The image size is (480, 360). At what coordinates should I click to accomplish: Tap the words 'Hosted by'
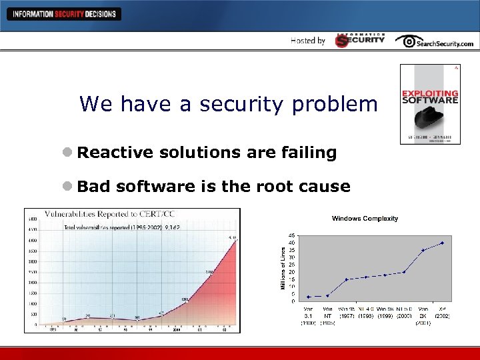(308, 41)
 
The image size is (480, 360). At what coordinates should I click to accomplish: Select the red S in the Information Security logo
(342, 41)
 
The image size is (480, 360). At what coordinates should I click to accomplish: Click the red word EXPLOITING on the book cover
(430, 93)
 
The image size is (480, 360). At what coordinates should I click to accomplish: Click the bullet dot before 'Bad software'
(67, 187)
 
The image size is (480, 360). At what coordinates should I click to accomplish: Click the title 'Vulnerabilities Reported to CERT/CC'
(110, 215)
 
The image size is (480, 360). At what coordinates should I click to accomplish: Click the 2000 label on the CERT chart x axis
(177, 329)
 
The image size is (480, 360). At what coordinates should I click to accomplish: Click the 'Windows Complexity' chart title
(365, 218)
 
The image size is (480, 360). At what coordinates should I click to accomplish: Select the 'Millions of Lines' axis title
(283, 265)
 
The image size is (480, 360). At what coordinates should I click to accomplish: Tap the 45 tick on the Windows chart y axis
(292, 235)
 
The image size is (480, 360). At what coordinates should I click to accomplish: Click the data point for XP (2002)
(442, 243)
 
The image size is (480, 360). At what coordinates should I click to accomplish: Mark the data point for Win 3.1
(309, 297)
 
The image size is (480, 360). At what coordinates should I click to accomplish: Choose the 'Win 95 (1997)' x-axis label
(347, 312)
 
